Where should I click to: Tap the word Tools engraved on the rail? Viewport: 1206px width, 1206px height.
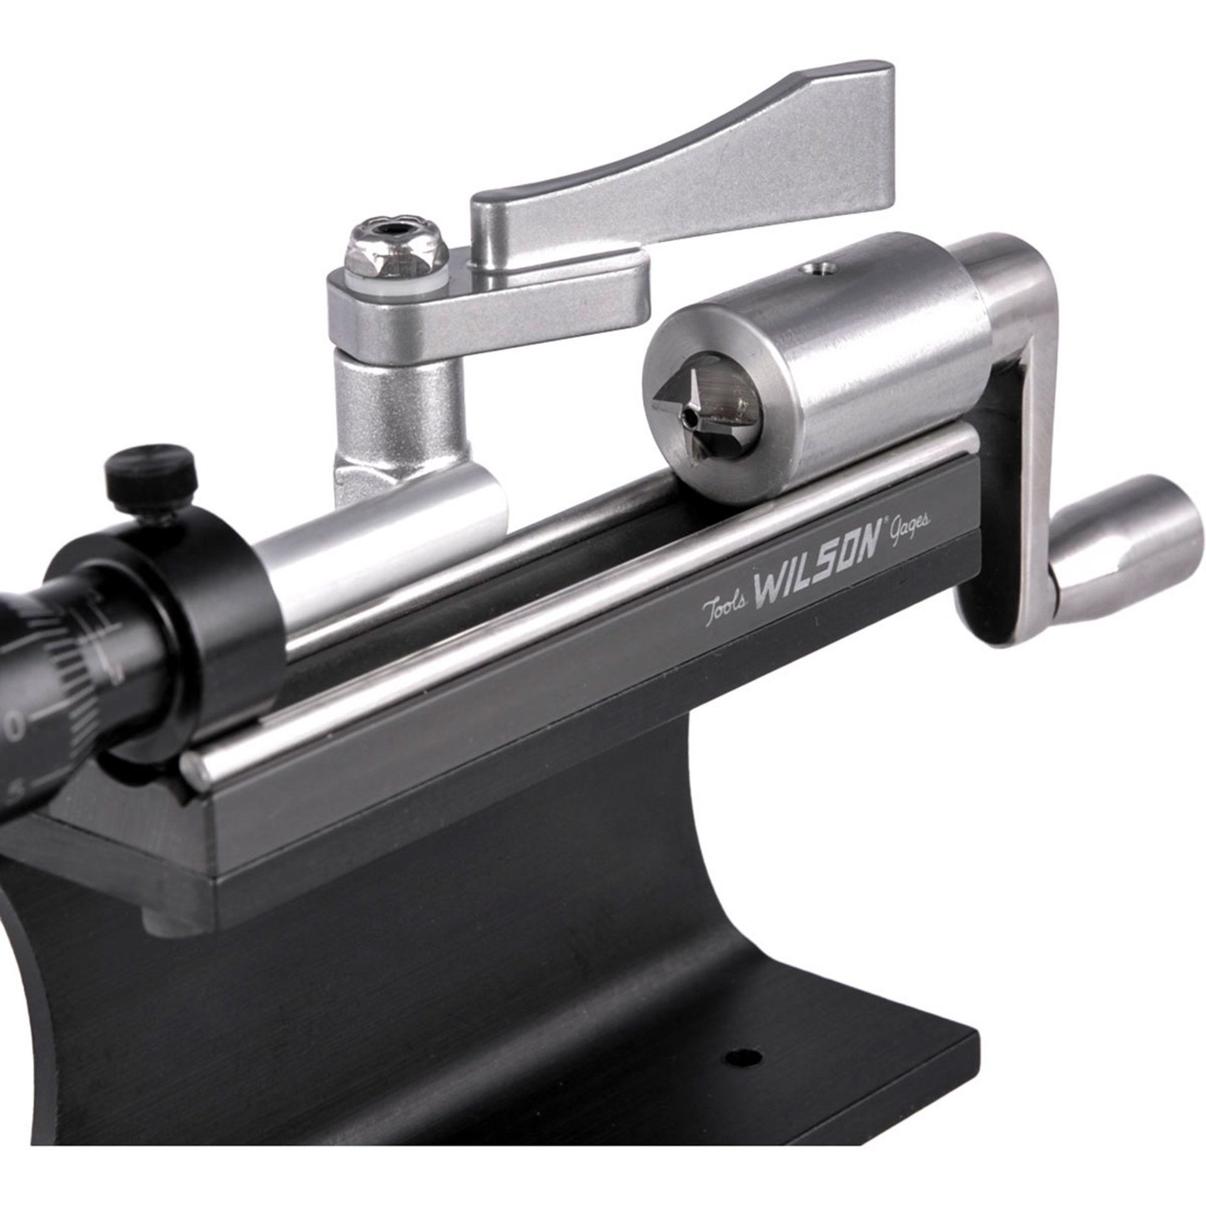click(724, 606)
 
